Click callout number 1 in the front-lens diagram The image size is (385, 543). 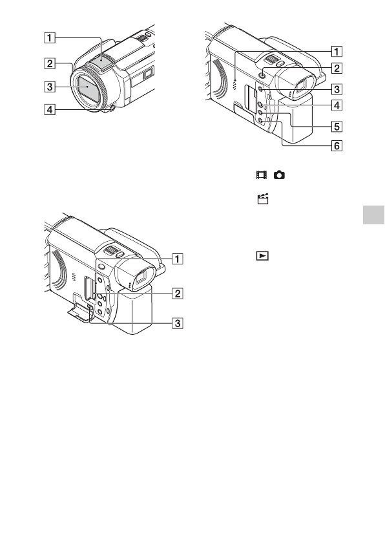[x=50, y=37]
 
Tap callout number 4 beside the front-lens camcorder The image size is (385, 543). [x=50, y=110]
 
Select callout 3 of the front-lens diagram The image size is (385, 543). [x=50, y=86]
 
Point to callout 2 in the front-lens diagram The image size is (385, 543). [x=50, y=64]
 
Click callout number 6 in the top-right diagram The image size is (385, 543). [x=337, y=145]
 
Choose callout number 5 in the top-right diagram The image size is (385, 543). [x=337, y=127]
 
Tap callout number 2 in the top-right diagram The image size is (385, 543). [x=337, y=68]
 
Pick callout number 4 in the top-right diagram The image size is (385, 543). [x=337, y=105]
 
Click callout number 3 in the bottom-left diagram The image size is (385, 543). [x=178, y=323]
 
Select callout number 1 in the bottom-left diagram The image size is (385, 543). [x=178, y=259]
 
